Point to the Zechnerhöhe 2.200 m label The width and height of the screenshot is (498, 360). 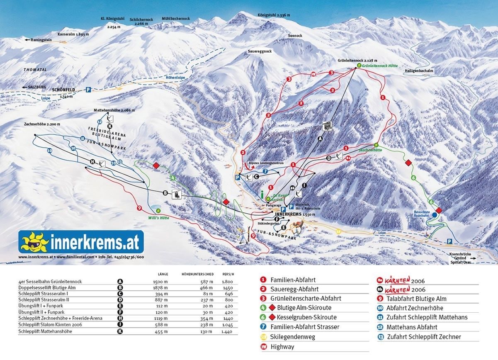[x=42, y=124]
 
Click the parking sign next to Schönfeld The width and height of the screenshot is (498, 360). [x=88, y=89]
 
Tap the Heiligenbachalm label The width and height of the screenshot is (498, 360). [x=419, y=71]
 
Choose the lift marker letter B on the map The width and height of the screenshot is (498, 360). [x=165, y=193]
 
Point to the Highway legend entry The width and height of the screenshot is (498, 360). [x=282, y=346]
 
